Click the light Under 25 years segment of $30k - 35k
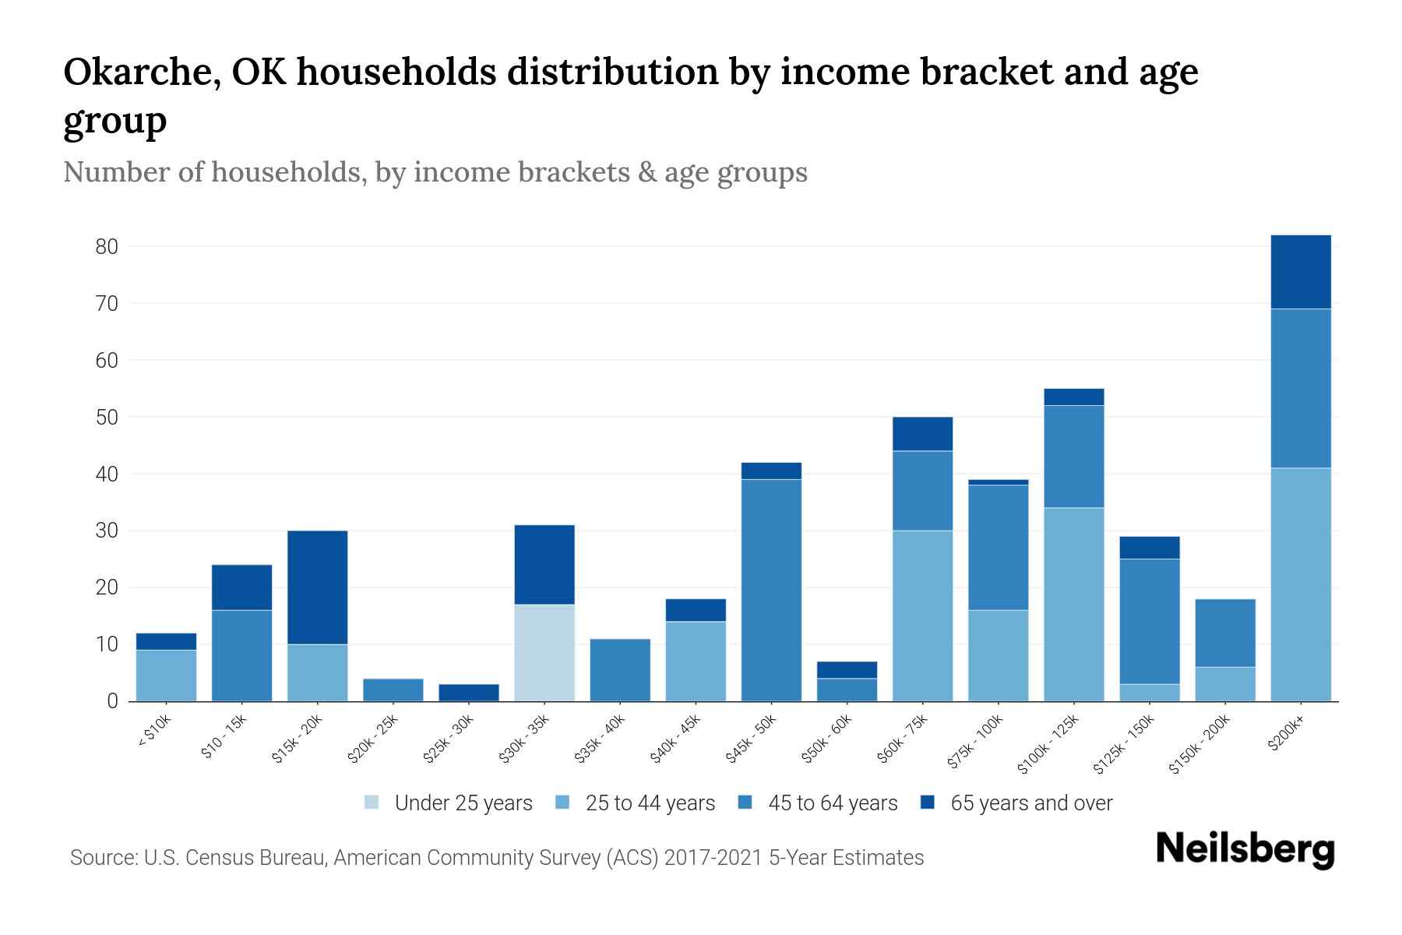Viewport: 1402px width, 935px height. (544, 653)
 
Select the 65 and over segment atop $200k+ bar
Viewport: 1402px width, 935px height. (1301, 272)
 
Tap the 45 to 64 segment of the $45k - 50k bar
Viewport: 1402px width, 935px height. (771, 590)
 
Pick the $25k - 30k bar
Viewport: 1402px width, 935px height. (469, 693)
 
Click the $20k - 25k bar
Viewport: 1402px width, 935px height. (393, 690)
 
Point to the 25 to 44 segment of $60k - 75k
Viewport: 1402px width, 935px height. (922, 616)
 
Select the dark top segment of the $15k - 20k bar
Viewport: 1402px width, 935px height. (318, 587)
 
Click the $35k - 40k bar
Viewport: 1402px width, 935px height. (620, 670)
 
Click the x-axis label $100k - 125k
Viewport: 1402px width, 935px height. (1048, 743)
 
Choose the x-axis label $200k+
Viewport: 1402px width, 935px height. (1286, 732)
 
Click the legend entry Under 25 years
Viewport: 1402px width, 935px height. (463, 803)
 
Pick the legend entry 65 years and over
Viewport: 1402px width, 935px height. (1030, 803)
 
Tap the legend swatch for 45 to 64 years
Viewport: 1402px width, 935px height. (745, 803)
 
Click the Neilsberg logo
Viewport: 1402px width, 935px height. (1245, 849)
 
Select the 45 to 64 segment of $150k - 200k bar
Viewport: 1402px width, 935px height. (1225, 633)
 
